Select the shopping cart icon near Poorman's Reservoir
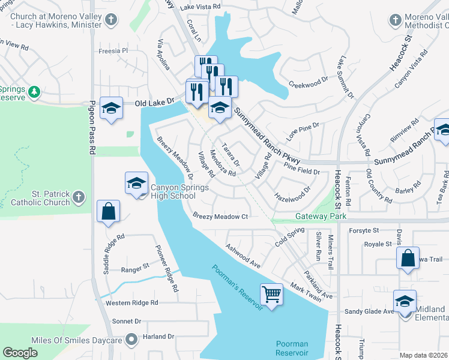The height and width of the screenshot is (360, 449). (272, 294)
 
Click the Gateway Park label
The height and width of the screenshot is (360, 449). (313, 216)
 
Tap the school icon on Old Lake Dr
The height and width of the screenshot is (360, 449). (111, 108)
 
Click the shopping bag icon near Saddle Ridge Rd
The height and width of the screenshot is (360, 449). (108, 211)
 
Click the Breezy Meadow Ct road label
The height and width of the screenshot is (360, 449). (220, 216)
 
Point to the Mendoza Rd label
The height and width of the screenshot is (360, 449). (221, 163)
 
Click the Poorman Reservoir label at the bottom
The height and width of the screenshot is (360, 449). (292, 348)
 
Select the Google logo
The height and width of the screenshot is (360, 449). (20, 353)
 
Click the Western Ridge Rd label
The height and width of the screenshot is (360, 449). (134, 303)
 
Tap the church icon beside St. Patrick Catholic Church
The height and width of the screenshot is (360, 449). (78, 196)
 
